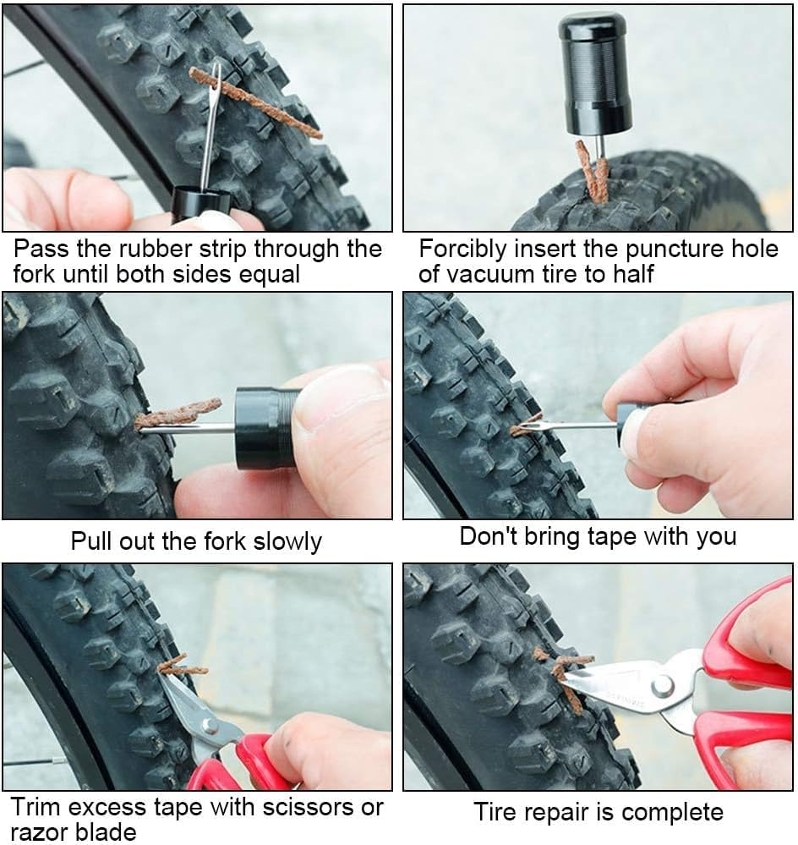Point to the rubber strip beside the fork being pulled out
[178, 414]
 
